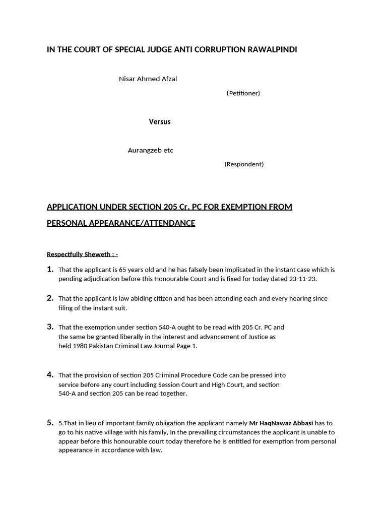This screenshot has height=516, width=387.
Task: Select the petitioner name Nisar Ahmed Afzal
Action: coord(148,79)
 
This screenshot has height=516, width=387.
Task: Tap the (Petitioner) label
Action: coord(243,93)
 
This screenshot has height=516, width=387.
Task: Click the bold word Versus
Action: coord(160,121)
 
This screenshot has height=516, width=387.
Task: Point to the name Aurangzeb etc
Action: coord(150,150)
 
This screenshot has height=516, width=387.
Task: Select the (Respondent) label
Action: coord(244,164)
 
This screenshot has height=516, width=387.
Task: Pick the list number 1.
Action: coord(50,269)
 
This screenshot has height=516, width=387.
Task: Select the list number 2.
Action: coord(50,298)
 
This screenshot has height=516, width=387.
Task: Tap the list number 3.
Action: coord(50,327)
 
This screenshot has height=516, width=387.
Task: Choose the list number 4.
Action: coord(50,374)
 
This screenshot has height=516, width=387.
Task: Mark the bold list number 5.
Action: coord(50,422)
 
